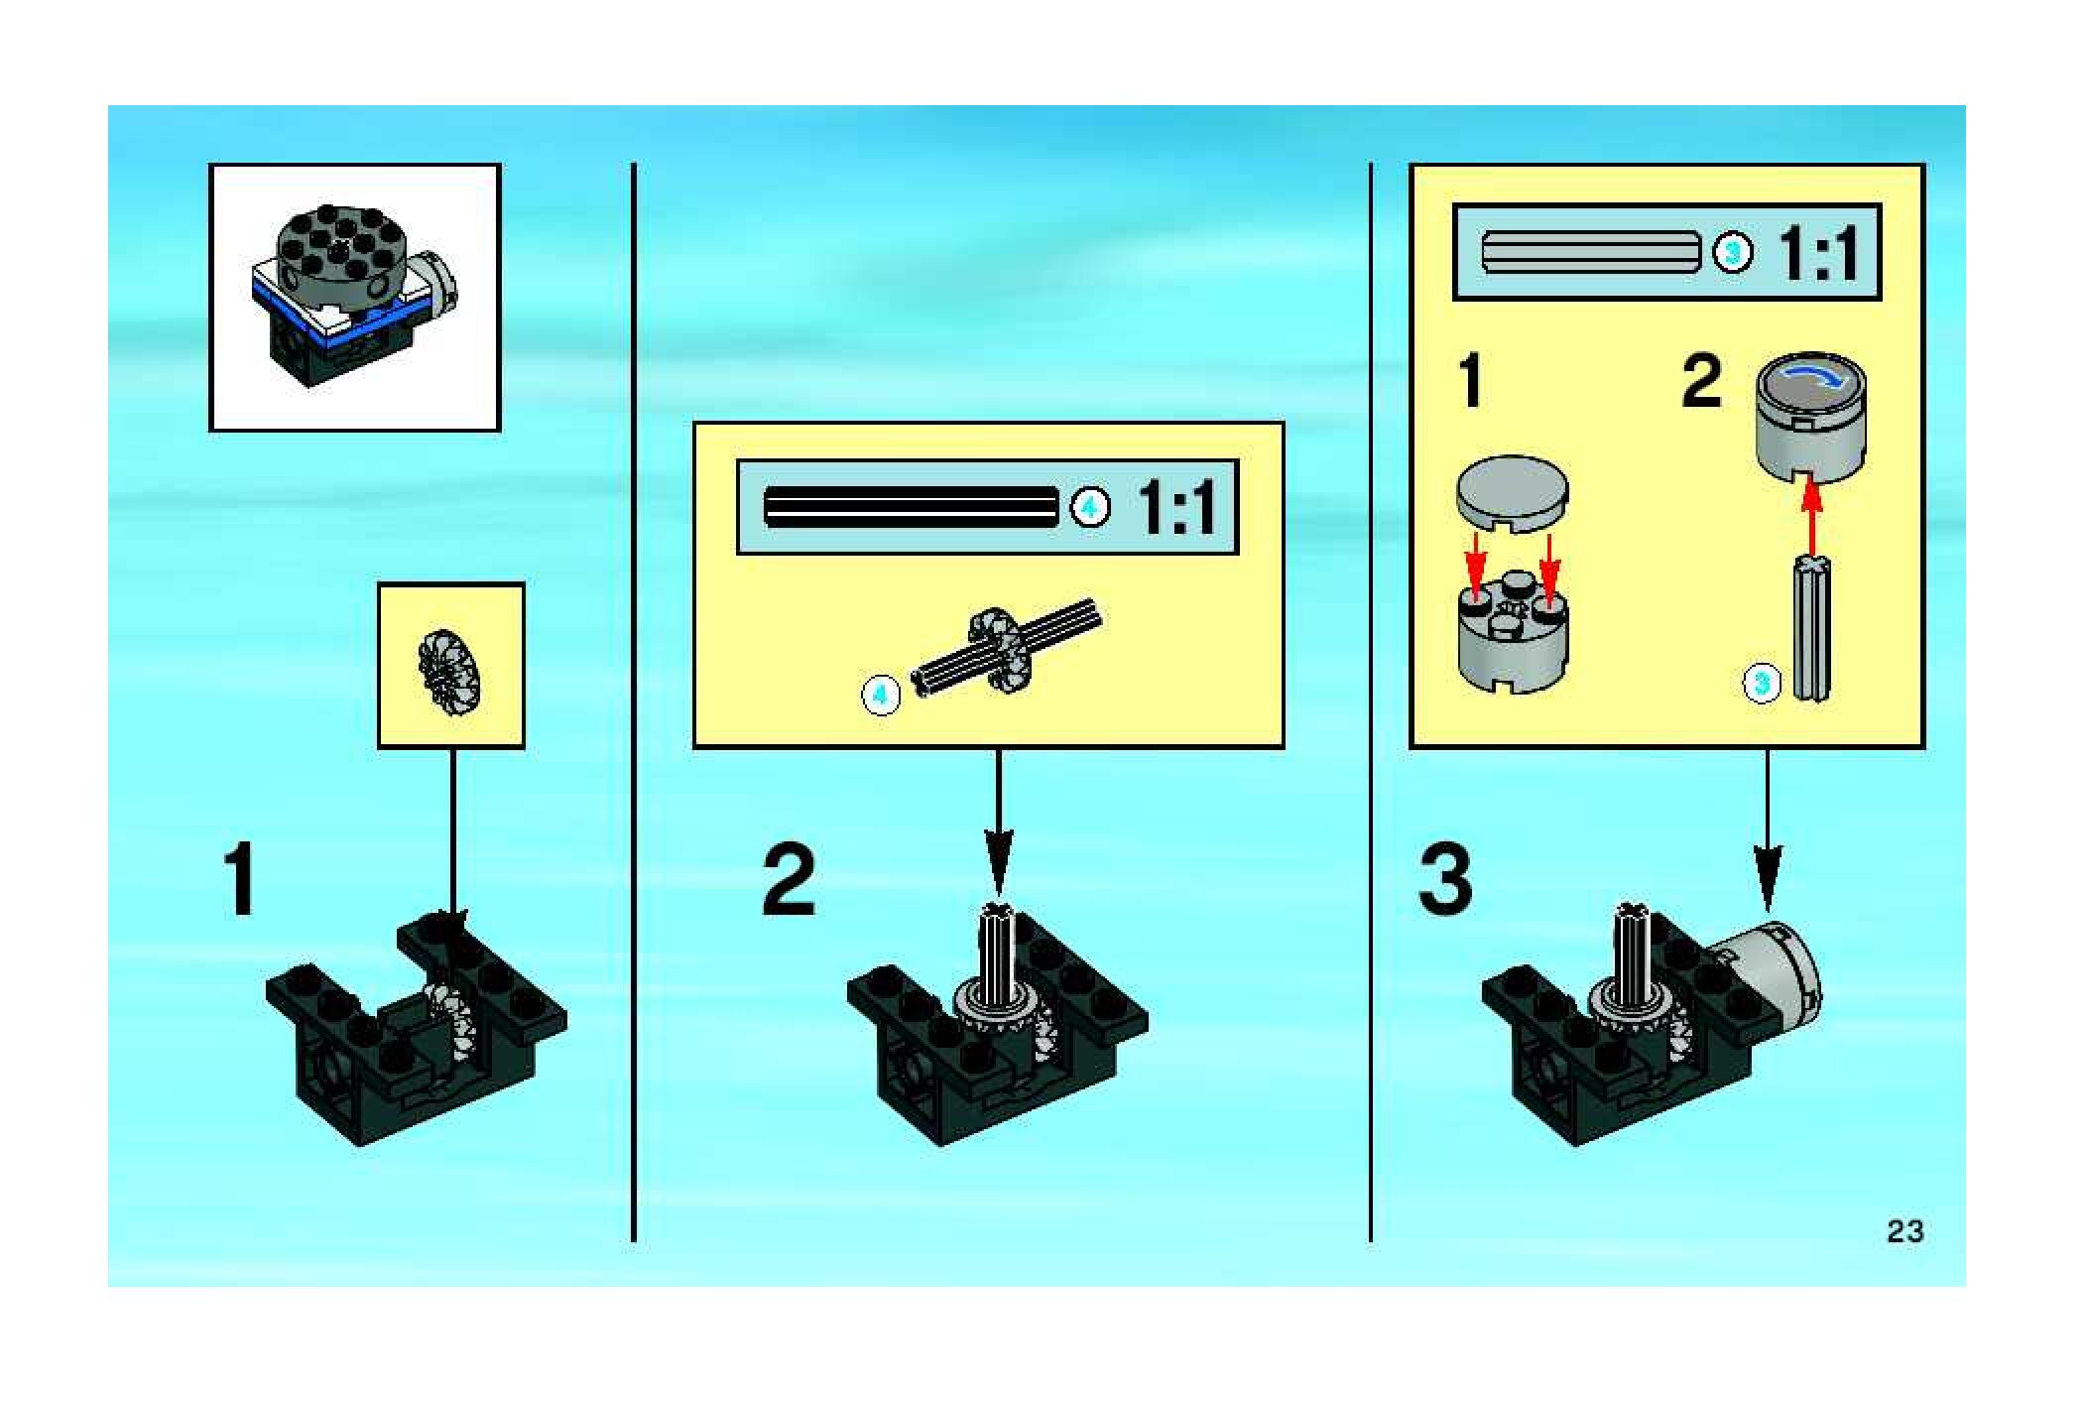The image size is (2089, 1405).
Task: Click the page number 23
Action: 1905,1231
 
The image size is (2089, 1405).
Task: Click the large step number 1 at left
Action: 241,879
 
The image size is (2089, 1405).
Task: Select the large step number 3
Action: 1445,879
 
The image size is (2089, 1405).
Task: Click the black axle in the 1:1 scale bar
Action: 911,507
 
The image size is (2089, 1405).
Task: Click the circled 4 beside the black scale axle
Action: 1090,508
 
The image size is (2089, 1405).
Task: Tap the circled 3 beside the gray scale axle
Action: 1733,252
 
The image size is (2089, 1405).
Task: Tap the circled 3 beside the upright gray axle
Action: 1762,683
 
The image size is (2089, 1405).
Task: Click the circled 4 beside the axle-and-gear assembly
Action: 881,694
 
